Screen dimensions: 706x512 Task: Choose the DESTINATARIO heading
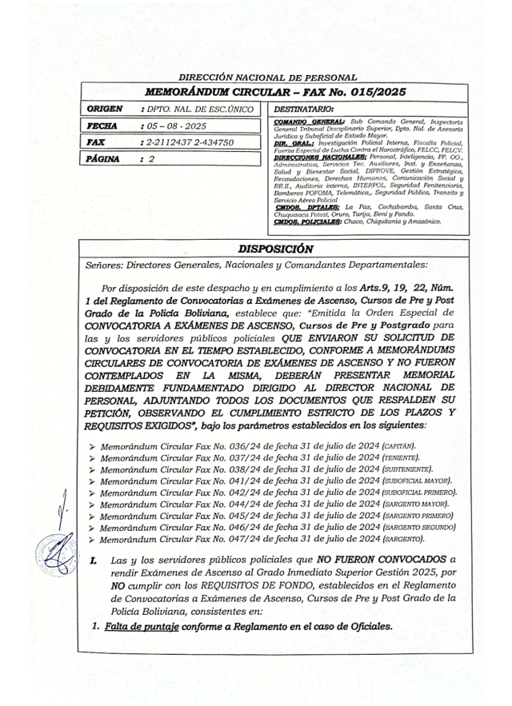point(305,108)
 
